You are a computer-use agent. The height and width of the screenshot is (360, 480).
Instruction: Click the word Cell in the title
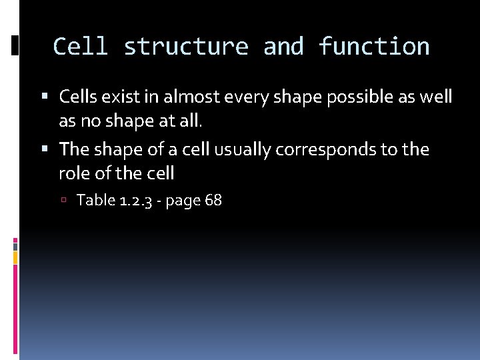tap(80, 47)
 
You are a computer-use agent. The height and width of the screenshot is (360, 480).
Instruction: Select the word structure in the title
tap(186, 47)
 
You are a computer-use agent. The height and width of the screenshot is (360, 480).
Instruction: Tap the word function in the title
tap(374, 47)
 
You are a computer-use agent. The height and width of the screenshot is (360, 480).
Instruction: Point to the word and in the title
tap(283, 47)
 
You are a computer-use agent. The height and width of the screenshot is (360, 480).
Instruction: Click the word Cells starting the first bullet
tap(79, 97)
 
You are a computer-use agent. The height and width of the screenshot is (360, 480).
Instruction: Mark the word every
tap(247, 97)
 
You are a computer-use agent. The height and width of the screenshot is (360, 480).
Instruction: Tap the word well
tap(437, 97)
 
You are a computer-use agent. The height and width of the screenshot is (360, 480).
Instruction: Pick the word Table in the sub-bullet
tap(96, 200)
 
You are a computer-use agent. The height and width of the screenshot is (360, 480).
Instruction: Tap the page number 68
tap(213, 200)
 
